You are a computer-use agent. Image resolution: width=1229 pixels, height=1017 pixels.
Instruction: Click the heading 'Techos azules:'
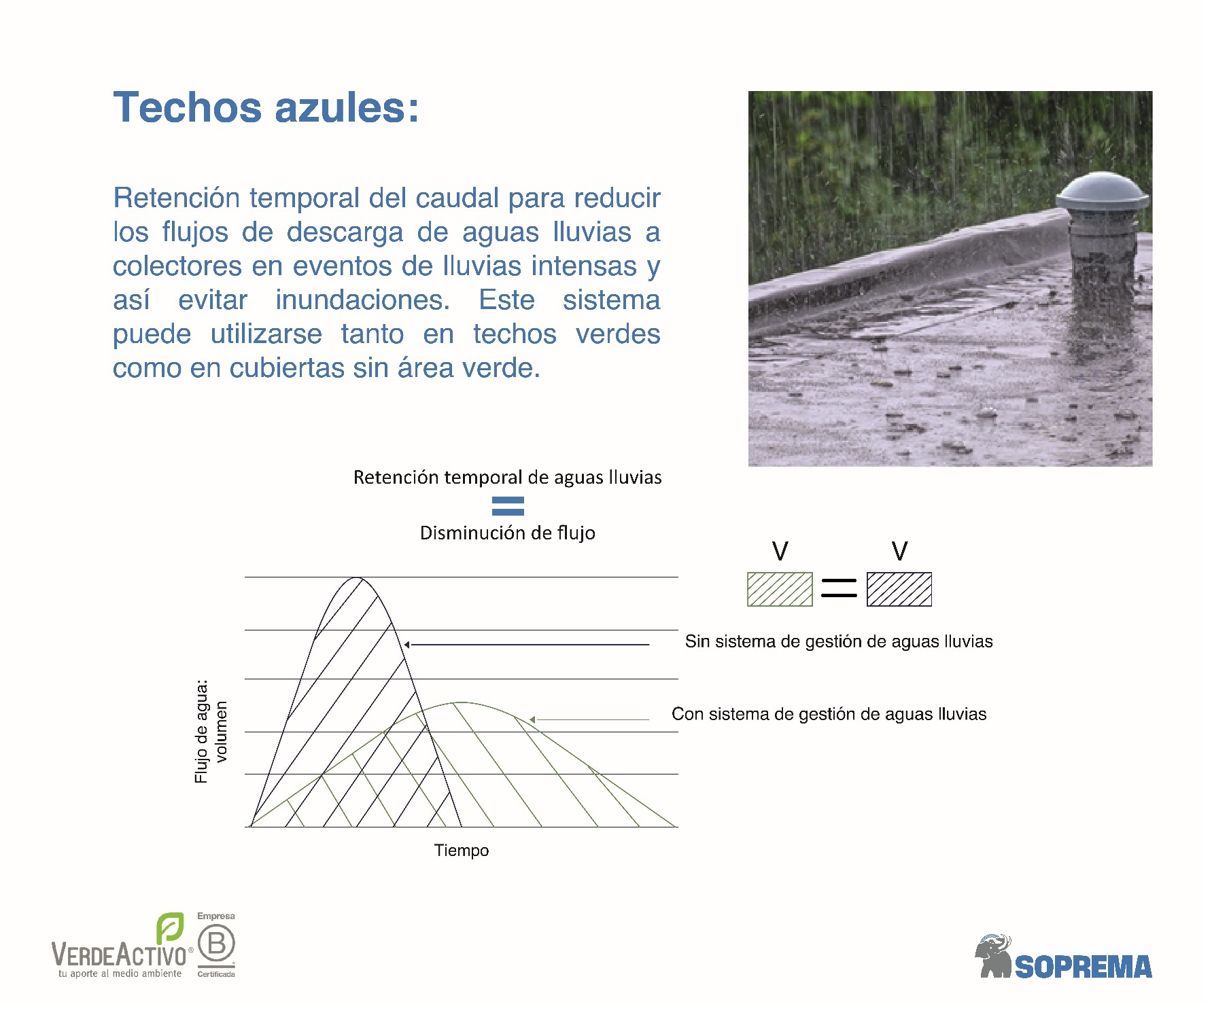pos(266,108)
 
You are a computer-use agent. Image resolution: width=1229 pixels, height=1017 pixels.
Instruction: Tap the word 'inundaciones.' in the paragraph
pos(362,300)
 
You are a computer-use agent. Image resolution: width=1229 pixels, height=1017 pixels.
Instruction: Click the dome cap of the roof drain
pos(1102,191)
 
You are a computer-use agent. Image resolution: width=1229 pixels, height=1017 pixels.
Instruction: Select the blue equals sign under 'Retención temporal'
pos(508,505)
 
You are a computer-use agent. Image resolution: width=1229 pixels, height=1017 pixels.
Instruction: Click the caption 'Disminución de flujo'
pos(508,533)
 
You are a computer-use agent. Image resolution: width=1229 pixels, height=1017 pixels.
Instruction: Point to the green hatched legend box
pos(780,589)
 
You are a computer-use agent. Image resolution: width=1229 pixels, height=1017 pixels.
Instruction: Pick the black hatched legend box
pos(899,589)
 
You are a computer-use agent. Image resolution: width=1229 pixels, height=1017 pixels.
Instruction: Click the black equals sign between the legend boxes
pos(839,588)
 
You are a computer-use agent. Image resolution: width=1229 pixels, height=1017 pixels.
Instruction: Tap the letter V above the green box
pos(780,551)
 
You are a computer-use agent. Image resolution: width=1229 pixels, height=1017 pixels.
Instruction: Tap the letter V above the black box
pos(900,551)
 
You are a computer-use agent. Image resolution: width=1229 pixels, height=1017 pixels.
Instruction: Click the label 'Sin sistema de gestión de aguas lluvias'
pos(839,641)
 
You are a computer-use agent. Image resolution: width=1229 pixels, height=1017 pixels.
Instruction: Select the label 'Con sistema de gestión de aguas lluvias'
pos(829,714)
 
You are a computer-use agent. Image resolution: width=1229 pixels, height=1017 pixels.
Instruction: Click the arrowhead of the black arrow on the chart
pos(407,644)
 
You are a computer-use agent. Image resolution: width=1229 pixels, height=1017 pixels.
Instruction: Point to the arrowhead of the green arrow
pos(533,719)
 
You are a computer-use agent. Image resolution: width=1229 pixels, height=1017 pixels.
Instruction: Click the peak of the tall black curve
pos(358,578)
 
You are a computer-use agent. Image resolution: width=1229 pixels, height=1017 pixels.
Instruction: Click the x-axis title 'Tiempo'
pos(462,851)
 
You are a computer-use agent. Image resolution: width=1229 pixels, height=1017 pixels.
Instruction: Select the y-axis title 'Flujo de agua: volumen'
pos(211,732)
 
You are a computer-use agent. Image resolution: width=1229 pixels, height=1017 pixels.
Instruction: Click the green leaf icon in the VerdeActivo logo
pos(170,928)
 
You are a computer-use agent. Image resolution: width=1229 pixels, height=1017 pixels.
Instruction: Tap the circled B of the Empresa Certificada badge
pos(217,944)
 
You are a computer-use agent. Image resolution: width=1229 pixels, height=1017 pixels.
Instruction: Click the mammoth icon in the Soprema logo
pos(994,957)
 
